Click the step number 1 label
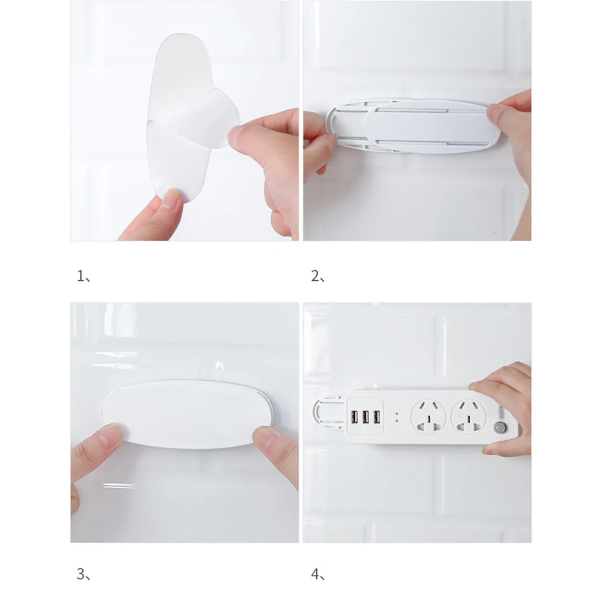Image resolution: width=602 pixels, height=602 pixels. [x=84, y=276]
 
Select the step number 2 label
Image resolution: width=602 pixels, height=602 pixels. [x=318, y=276]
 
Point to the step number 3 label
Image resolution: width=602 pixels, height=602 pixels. [x=84, y=574]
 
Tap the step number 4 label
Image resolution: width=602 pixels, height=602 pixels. [x=318, y=574]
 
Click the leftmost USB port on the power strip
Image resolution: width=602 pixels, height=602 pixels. [x=354, y=417]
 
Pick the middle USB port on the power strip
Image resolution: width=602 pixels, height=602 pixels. [x=366, y=417]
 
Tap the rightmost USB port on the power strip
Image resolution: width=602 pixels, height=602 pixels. [x=377, y=417]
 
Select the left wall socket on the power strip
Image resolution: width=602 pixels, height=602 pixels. [x=428, y=417]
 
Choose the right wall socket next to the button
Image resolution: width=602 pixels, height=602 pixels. [x=468, y=417]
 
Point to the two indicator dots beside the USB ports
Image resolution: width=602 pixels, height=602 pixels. [x=396, y=417]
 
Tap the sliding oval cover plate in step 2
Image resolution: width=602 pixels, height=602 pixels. [x=432, y=126]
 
